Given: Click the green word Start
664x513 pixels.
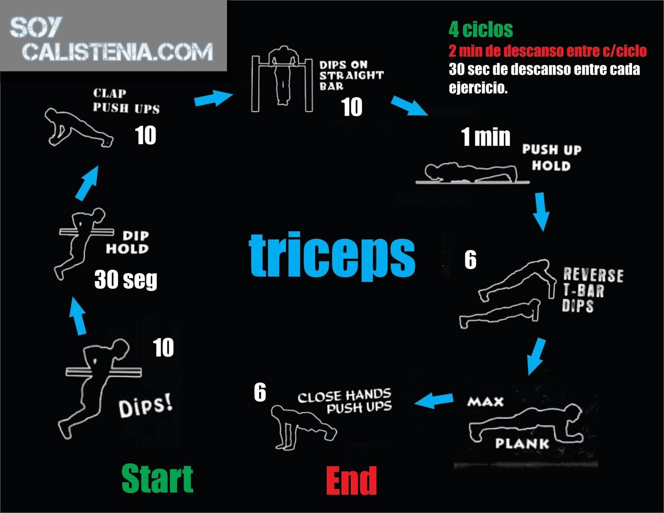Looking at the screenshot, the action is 158,479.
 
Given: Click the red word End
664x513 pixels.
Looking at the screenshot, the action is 351,481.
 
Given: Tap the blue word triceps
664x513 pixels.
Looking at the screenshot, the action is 332,255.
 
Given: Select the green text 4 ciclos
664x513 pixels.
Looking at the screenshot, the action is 481,30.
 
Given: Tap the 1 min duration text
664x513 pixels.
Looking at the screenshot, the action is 485,137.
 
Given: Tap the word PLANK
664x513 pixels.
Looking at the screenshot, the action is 522,443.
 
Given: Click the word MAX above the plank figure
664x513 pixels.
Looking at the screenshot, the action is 485,402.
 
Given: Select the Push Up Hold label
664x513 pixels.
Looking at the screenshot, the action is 551,157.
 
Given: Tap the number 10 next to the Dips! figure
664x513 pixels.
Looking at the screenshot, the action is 163,348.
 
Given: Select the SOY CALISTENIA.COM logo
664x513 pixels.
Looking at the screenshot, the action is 112,39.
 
